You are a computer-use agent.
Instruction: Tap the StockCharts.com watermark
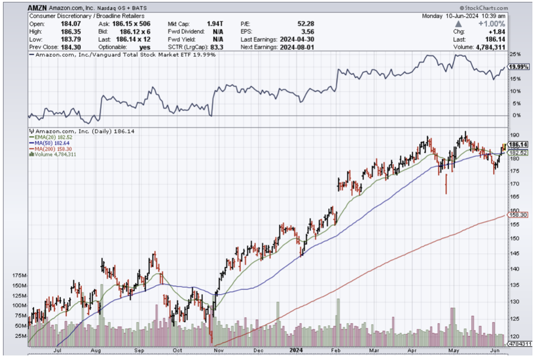pos(485,8)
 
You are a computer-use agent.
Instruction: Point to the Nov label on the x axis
pos(218,350)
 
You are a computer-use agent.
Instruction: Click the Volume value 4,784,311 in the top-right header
pos(491,47)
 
